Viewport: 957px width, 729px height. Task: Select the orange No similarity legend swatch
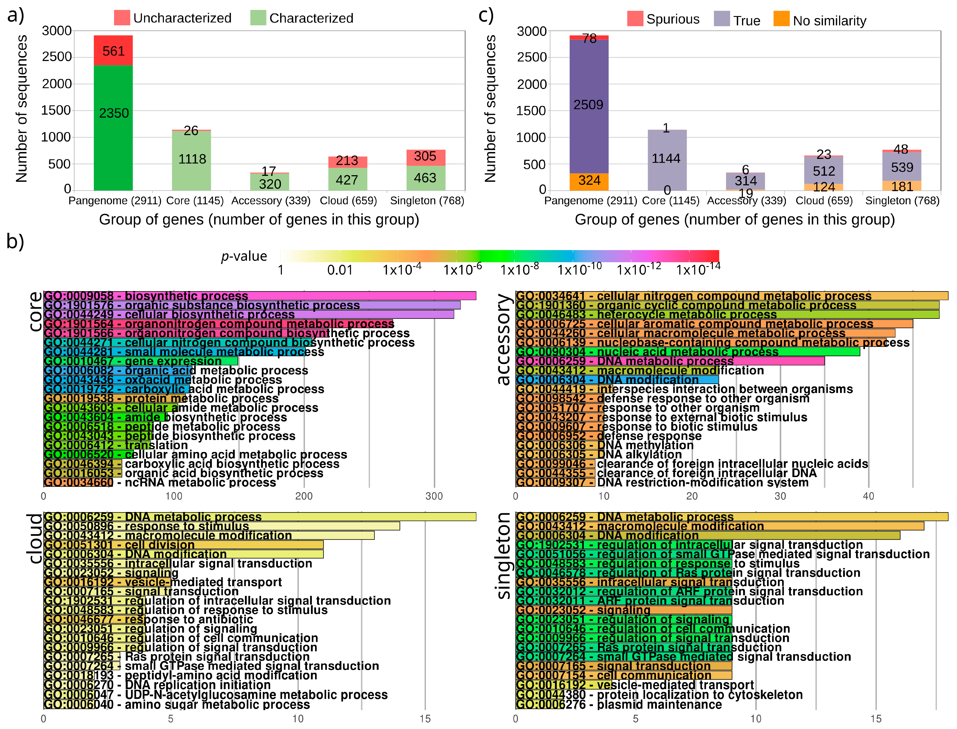click(781, 19)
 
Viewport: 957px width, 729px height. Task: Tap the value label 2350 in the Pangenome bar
click(114, 113)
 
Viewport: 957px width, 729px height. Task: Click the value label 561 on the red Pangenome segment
click(114, 51)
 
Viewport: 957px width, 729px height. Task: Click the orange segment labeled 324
click(589, 181)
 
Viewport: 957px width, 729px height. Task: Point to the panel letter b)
click(15, 242)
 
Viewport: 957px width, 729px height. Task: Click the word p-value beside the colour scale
click(244, 256)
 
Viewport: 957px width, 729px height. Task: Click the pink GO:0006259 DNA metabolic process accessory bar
click(669, 361)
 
